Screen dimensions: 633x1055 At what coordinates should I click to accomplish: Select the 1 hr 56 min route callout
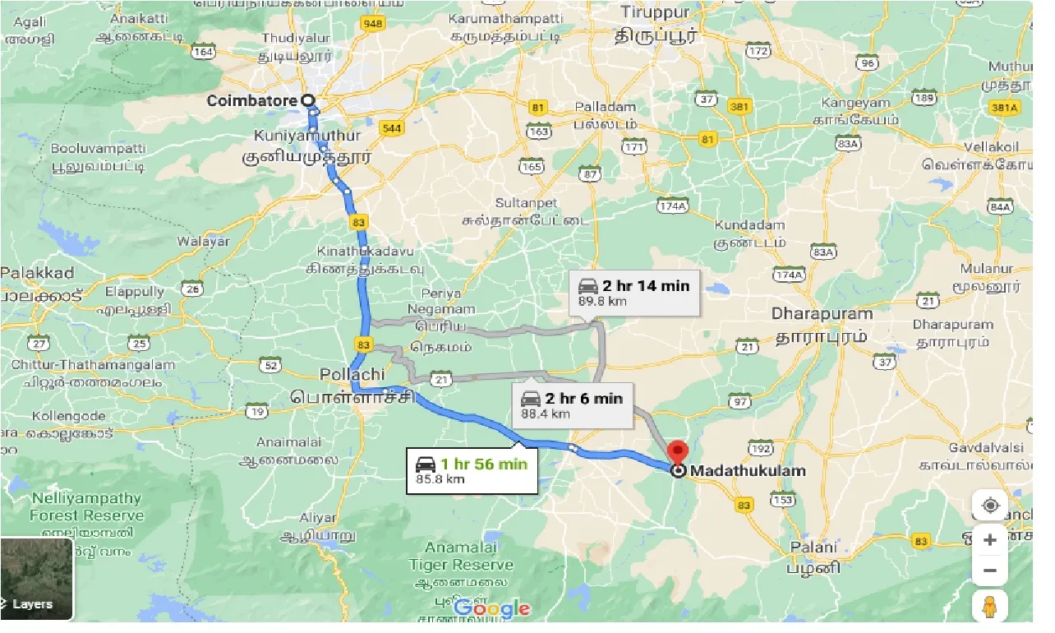pyautogui.click(x=472, y=469)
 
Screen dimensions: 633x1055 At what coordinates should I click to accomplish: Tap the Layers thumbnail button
pyautogui.click(x=36, y=579)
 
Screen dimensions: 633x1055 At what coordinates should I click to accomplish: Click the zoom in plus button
pyautogui.click(x=990, y=540)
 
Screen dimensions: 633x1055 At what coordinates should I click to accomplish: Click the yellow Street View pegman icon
pyautogui.click(x=990, y=607)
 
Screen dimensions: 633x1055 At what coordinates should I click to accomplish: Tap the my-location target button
pyautogui.click(x=990, y=505)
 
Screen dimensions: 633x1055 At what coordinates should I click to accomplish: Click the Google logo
pyautogui.click(x=491, y=609)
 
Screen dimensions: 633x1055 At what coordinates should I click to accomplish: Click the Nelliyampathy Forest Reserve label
pyautogui.click(x=86, y=507)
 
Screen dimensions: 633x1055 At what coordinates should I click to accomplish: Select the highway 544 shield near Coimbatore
pyautogui.click(x=391, y=128)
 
